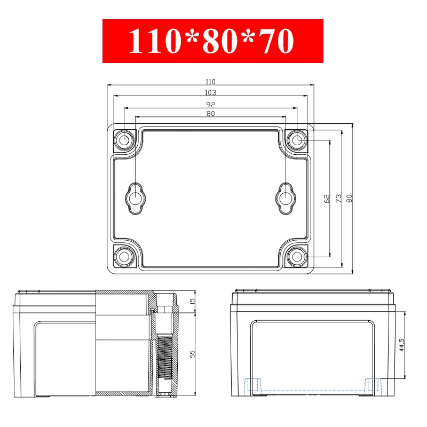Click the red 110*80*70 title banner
[x=212, y=41]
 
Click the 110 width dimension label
[x=210, y=82]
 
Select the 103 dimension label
[x=210, y=92]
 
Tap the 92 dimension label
[x=210, y=105]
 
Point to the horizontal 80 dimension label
[x=210, y=114]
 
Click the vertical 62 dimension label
[x=327, y=199]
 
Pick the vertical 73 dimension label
[x=338, y=198]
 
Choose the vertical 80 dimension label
[x=349, y=198]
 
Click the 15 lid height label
[x=192, y=301]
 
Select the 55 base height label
[x=192, y=354]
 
